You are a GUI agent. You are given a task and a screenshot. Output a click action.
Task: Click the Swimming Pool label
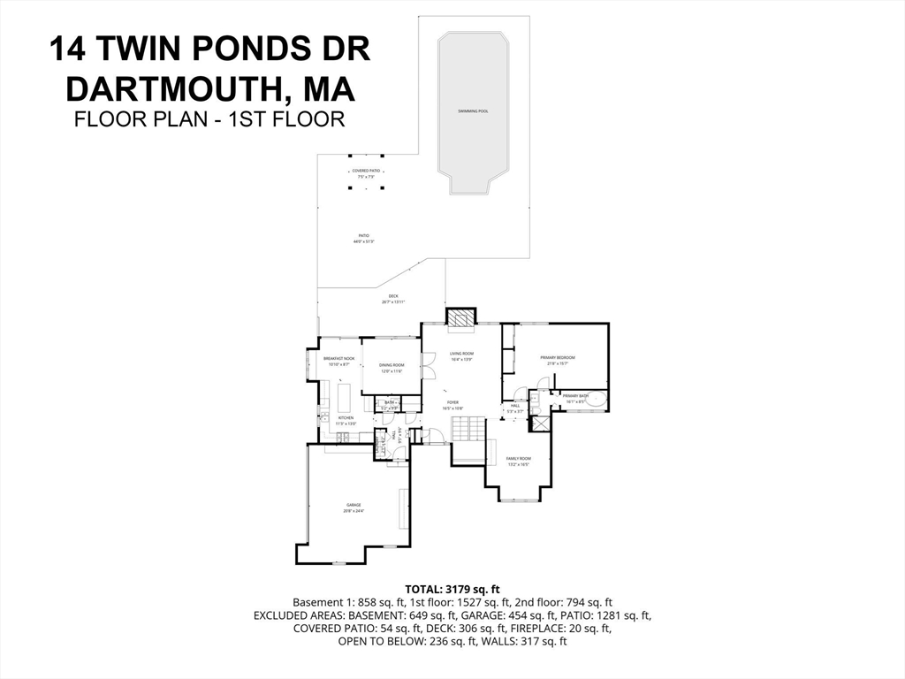[473, 111]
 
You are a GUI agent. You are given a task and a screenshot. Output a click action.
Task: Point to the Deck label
[392, 299]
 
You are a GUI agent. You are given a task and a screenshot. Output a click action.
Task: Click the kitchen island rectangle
[344, 392]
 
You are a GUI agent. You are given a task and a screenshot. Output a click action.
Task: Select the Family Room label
[518, 460]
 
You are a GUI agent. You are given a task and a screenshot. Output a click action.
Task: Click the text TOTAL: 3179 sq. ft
[452, 588]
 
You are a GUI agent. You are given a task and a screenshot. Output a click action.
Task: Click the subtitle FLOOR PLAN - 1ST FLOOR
[209, 119]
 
